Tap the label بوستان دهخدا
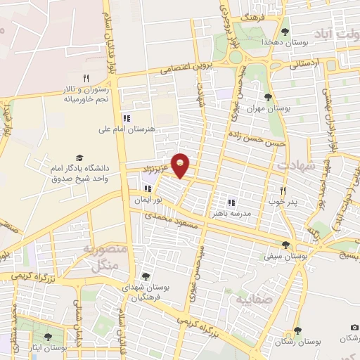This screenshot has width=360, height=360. (286, 42)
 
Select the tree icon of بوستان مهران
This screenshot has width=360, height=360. (268, 97)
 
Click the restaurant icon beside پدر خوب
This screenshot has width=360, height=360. (283, 191)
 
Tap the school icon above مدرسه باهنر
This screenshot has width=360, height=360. (231, 202)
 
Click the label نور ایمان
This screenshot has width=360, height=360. (149, 200)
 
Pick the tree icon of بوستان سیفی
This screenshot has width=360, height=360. (285, 245)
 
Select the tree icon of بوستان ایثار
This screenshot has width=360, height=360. (48, 337)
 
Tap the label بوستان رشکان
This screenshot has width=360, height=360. (318, 341)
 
